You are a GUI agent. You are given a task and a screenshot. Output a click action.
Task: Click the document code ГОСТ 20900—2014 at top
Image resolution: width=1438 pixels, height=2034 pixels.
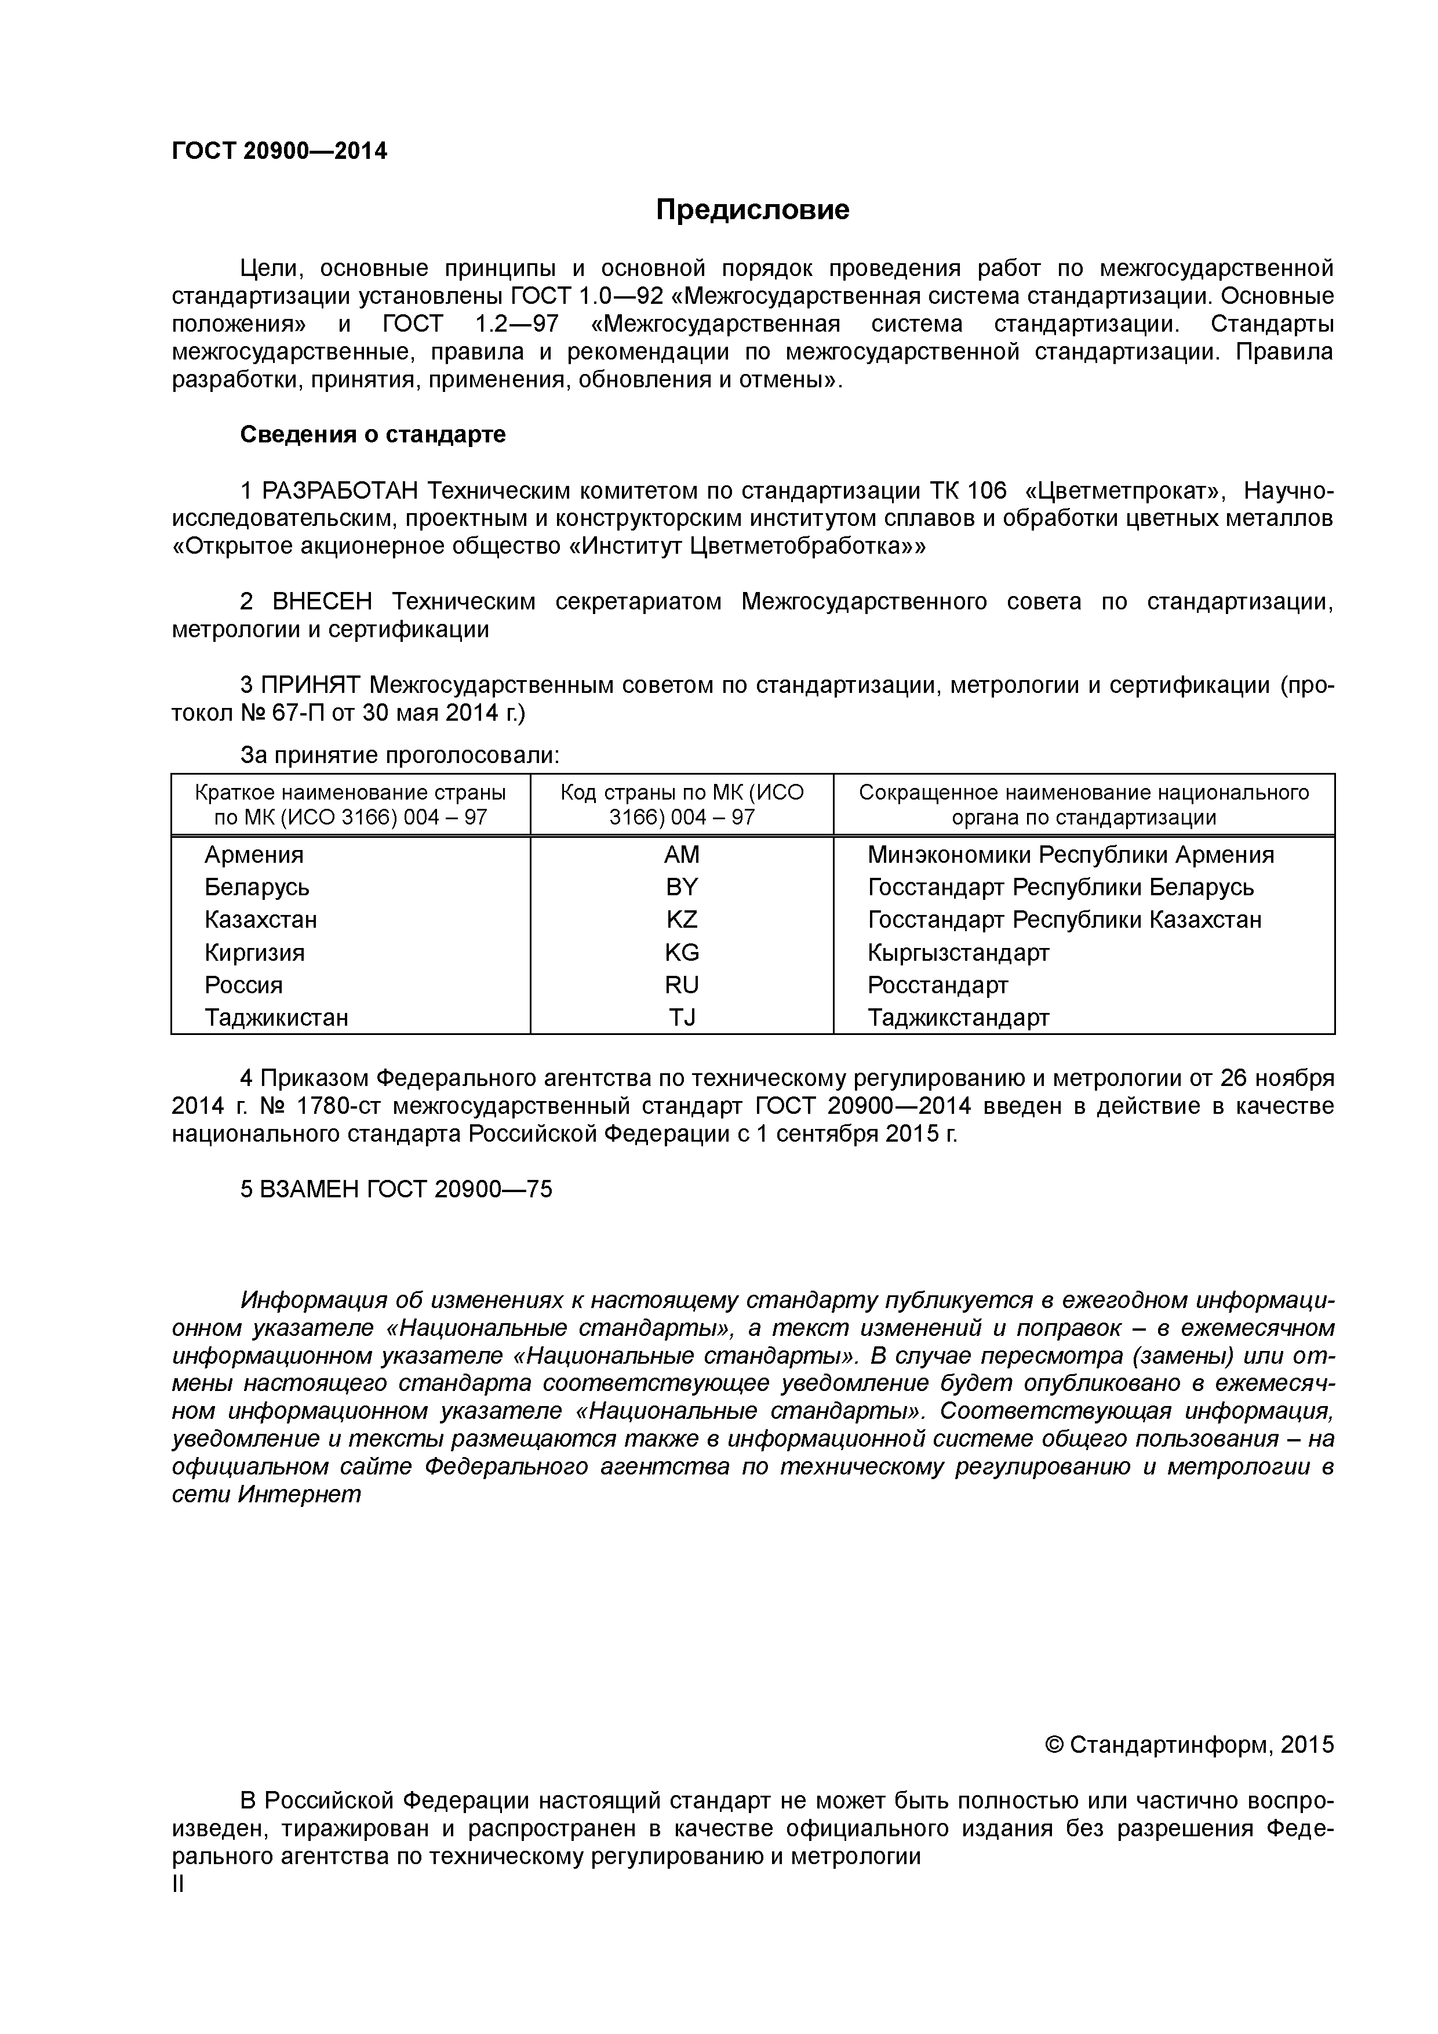(x=279, y=151)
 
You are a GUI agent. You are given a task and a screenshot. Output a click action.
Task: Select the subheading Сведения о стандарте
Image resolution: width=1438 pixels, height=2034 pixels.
(x=373, y=435)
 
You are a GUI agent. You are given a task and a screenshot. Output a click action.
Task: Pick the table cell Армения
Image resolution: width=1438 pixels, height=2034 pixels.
(x=253, y=855)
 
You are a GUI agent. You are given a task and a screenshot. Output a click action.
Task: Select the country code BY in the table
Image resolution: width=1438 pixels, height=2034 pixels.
(x=681, y=887)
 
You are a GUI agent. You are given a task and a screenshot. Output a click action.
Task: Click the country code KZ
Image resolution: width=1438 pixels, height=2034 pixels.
(x=681, y=920)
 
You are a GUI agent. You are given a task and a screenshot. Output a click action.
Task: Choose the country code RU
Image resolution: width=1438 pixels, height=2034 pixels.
(x=681, y=985)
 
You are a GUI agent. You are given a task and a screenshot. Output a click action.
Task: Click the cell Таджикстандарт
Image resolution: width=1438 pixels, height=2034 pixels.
(x=958, y=1018)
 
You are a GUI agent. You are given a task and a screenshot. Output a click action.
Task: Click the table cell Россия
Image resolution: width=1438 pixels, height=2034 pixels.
(x=243, y=985)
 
